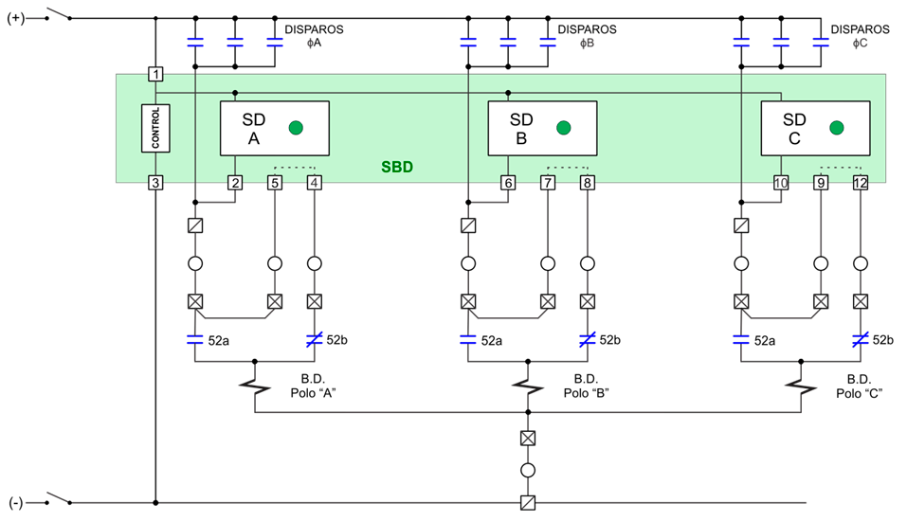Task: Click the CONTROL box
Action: click(156, 127)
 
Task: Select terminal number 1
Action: click(156, 74)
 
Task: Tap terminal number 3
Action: click(156, 182)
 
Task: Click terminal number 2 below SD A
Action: click(234, 182)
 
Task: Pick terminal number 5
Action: click(275, 182)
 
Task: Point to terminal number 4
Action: click(314, 182)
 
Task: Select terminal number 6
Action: click(508, 182)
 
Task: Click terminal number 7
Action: click(548, 182)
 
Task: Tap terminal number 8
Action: click(587, 182)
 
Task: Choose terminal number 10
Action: click(781, 182)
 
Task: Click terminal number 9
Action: click(821, 182)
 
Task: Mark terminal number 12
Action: click(860, 182)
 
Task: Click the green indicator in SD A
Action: click(297, 128)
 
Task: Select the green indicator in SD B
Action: click(565, 128)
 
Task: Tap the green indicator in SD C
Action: click(836, 128)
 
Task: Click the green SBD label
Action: click(396, 168)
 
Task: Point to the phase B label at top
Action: click(587, 44)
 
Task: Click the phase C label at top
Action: click(860, 44)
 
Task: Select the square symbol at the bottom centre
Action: click(528, 503)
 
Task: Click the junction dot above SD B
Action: click(508, 93)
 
